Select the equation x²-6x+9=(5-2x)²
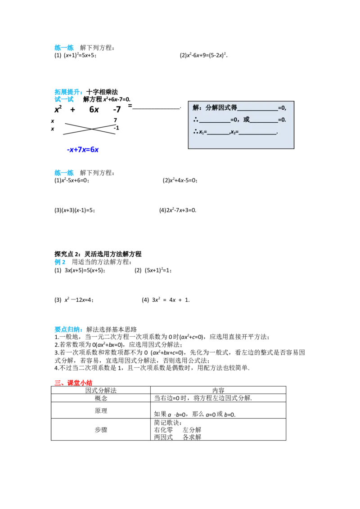tap(206, 55)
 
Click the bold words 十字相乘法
tap(102, 92)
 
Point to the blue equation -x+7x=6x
tap(82, 150)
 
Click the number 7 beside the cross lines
tap(115, 120)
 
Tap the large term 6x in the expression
tap(94, 109)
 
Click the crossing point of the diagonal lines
tap(92, 129)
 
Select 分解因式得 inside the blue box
tap(221, 107)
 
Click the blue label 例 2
tap(60, 262)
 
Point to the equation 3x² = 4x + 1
tap(170, 300)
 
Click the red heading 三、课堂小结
tap(73, 383)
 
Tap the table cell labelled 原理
tap(101, 411)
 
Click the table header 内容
tap(218, 390)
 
